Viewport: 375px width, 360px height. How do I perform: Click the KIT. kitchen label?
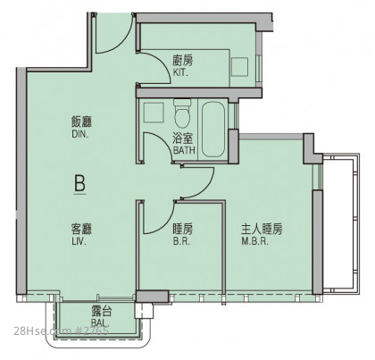coord(180,72)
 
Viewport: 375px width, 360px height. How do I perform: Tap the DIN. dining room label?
coord(80,134)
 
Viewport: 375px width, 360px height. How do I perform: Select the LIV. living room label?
coord(79,241)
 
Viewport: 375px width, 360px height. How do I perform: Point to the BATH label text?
coord(184,150)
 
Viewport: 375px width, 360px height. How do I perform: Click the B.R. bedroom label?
coord(181,241)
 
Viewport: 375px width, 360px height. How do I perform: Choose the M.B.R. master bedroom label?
coord(255,241)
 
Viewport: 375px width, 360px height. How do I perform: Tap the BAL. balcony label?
coord(99,322)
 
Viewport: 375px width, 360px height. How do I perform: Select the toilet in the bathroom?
coord(182,113)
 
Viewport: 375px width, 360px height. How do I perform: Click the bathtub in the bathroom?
coord(213,129)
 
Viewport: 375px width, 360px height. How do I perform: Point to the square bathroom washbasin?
coord(154,113)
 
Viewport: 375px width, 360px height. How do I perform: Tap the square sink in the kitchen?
coord(239,67)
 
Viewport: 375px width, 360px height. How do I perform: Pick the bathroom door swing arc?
coord(164,143)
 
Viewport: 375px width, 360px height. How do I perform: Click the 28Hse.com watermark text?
coord(42,331)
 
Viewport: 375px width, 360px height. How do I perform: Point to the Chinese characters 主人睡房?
coord(262,230)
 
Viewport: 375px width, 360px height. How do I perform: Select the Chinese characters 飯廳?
coord(81,122)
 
